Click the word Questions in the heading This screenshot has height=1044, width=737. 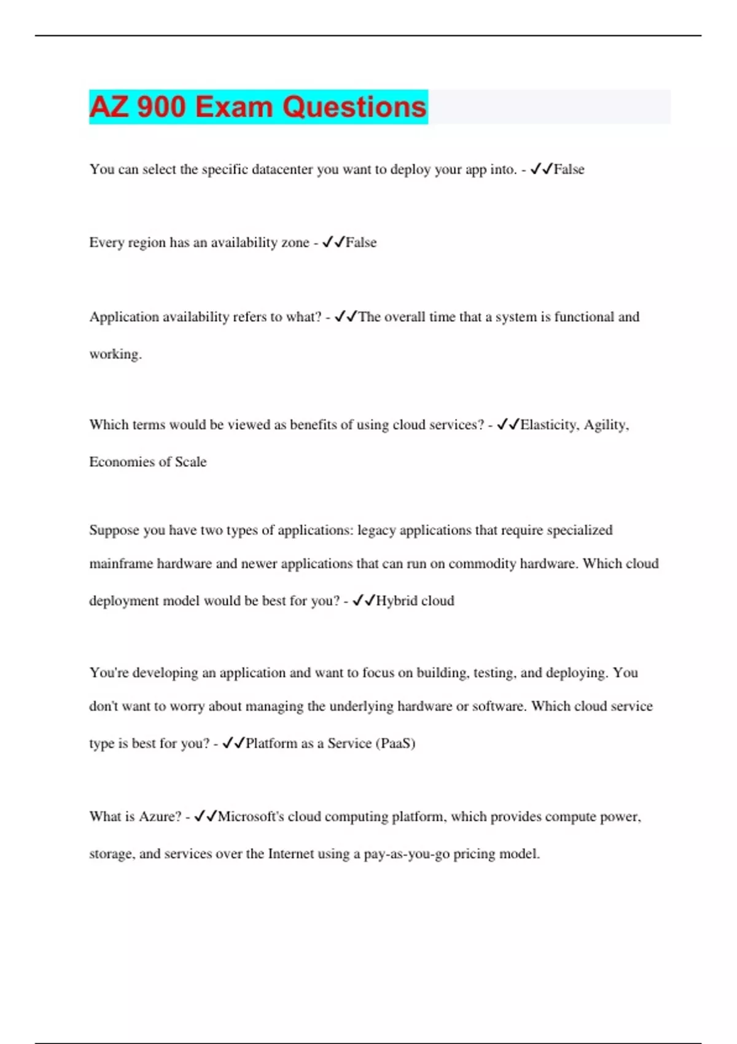tap(354, 107)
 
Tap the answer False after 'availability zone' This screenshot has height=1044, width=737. tap(361, 243)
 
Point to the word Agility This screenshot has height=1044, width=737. tap(606, 425)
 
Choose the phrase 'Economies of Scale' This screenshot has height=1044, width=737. tap(148, 462)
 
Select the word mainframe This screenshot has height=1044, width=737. tap(121, 564)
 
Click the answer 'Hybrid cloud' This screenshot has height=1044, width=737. tap(415, 601)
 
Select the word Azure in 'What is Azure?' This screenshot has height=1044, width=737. tap(160, 817)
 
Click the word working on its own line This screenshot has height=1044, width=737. tap(115, 354)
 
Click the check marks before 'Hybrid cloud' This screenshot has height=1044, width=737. tap(364, 601)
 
